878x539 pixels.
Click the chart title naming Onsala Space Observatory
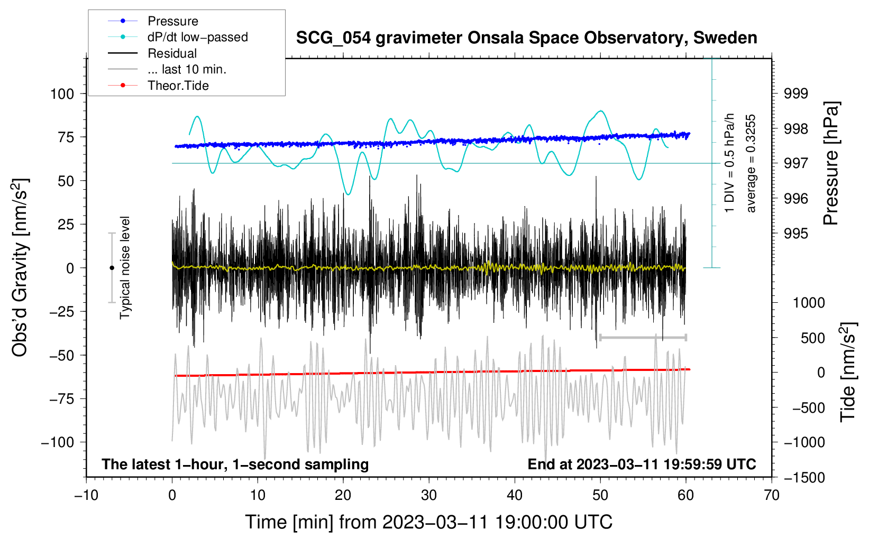(x=526, y=38)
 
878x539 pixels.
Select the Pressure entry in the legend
(x=172, y=21)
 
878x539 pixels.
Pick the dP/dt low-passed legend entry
(x=197, y=37)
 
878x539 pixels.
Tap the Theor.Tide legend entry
(x=178, y=86)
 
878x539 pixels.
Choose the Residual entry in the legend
(x=172, y=53)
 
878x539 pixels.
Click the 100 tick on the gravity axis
(x=62, y=94)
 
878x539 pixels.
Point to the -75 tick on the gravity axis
(x=62, y=399)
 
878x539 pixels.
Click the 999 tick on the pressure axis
(x=796, y=94)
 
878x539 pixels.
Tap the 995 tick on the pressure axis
(x=796, y=234)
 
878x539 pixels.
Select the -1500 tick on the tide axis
(x=804, y=478)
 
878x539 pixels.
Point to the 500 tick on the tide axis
(x=812, y=338)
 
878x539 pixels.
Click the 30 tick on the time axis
(x=429, y=496)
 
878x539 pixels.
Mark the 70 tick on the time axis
(x=772, y=496)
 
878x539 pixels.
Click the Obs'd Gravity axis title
(x=20, y=267)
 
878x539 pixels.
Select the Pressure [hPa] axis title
(x=831, y=163)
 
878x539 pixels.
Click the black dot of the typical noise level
(x=112, y=268)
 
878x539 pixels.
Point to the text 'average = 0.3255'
(x=751, y=163)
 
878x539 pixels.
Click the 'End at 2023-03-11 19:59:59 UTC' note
(x=642, y=464)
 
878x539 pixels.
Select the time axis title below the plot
(x=429, y=522)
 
